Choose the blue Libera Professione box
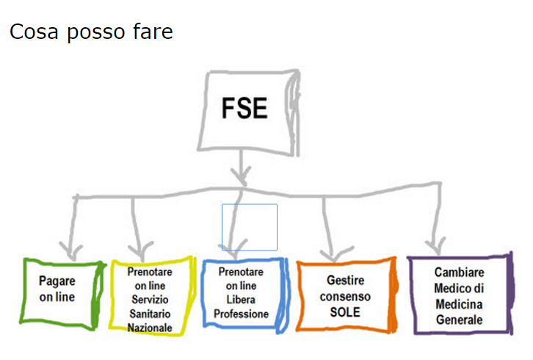pos(242,294)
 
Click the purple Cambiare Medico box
pos(460,295)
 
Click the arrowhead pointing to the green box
pos(71,245)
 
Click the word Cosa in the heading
pos(32,32)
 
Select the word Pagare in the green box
pos(57,281)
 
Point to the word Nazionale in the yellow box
pos(150,327)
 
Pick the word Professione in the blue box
pos(242,314)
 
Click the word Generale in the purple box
pos(460,320)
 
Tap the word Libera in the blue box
pos(242,300)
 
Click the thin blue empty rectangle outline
pos(250,227)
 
